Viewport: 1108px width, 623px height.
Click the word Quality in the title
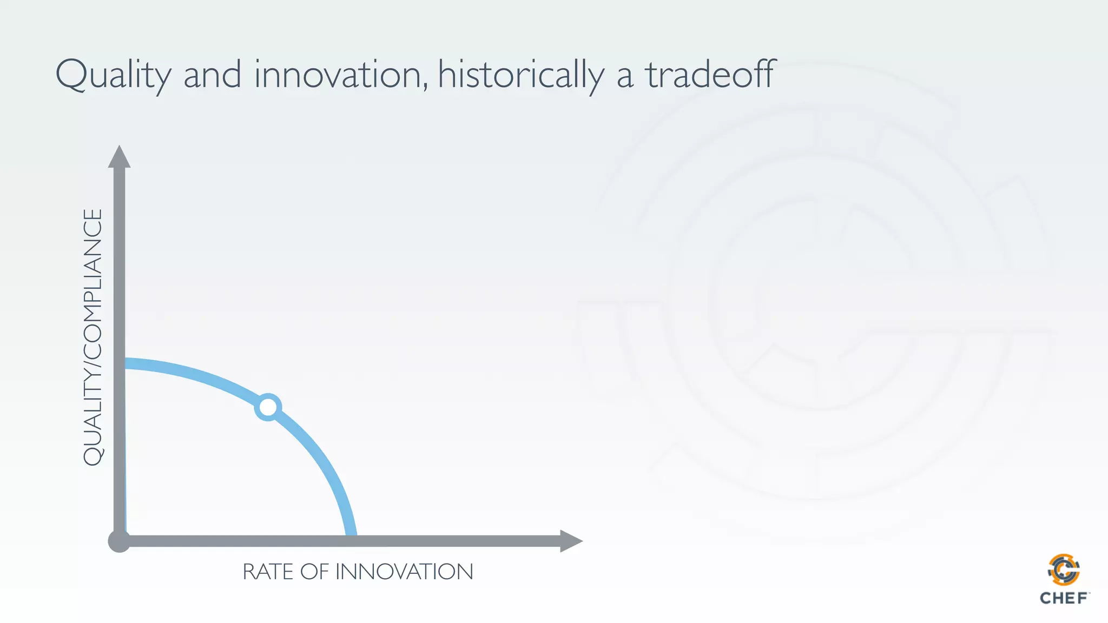(113, 75)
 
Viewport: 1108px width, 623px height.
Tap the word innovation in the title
(338, 75)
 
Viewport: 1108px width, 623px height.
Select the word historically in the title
(520, 75)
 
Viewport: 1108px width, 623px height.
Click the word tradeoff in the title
(710, 75)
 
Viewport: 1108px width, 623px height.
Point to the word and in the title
(212, 75)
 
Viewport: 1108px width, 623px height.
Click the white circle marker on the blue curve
(268, 407)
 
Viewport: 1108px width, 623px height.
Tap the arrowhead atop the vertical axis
(119, 157)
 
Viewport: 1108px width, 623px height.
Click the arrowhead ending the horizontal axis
(570, 541)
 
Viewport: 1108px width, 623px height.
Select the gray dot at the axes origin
(119, 541)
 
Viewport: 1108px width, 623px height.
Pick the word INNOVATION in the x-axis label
(404, 572)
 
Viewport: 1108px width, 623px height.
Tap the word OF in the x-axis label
(314, 572)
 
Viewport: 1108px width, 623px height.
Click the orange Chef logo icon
(1064, 569)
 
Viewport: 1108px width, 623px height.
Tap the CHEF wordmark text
(1064, 598)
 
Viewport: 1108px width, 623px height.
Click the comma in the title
(426, 87)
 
